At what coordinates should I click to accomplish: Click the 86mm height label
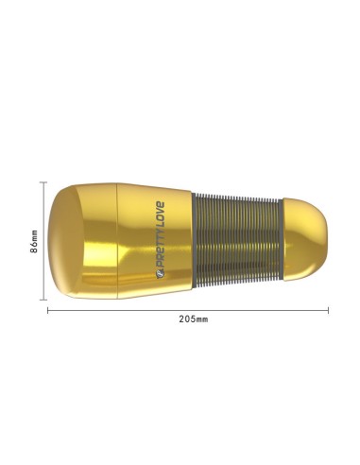point(34,241)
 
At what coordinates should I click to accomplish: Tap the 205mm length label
point(194,319)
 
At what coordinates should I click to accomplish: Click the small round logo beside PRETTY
point(160,275)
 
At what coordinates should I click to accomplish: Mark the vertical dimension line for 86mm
point(44,241)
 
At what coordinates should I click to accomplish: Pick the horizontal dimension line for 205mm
point(188,311)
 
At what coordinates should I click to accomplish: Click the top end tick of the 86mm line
point(44,182)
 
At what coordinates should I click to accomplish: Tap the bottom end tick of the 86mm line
point(44,300)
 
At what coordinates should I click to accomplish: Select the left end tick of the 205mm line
point(48,311)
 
